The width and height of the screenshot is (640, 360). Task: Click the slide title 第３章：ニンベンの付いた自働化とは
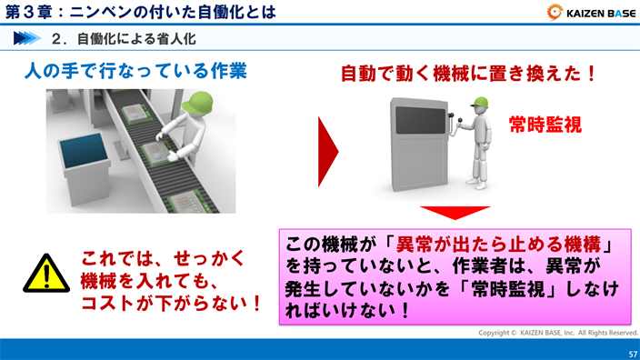(136, 13)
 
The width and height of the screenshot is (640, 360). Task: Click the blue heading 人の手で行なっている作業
(135, 71)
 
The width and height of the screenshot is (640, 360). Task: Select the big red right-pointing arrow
(326, 150)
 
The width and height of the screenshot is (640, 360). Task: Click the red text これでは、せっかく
(164, 258)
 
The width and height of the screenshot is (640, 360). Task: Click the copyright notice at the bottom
(558, 332)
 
